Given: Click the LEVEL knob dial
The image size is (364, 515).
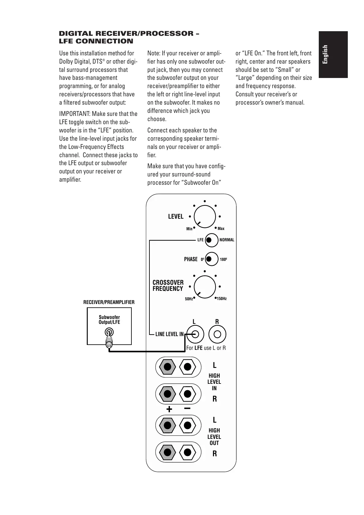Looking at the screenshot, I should click(205, 217).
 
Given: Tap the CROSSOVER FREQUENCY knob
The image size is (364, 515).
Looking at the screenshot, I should click(205, 287).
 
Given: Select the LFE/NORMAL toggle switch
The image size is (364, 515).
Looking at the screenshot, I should click(211, 240).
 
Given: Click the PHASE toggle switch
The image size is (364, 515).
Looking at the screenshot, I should click(211, 259).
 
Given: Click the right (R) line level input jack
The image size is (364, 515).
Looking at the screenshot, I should click(217, 334).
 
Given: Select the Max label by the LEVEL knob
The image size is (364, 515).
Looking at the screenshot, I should click(221, 228).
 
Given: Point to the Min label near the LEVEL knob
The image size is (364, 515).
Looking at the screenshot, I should click(189, 229).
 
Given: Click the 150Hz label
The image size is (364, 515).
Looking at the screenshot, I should click(222, 299).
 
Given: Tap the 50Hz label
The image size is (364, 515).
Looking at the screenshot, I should click(189, 299).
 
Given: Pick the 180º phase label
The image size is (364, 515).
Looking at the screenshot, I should click(223, 260).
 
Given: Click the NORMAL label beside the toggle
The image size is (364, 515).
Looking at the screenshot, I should click(227, 240).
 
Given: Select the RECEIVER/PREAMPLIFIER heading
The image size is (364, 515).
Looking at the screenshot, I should click(109, 302).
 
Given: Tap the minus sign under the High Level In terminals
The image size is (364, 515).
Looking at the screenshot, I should click(187, 408).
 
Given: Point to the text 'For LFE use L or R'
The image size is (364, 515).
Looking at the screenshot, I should click(206, 348).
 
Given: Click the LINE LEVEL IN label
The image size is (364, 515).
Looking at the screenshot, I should click(169, 334).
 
